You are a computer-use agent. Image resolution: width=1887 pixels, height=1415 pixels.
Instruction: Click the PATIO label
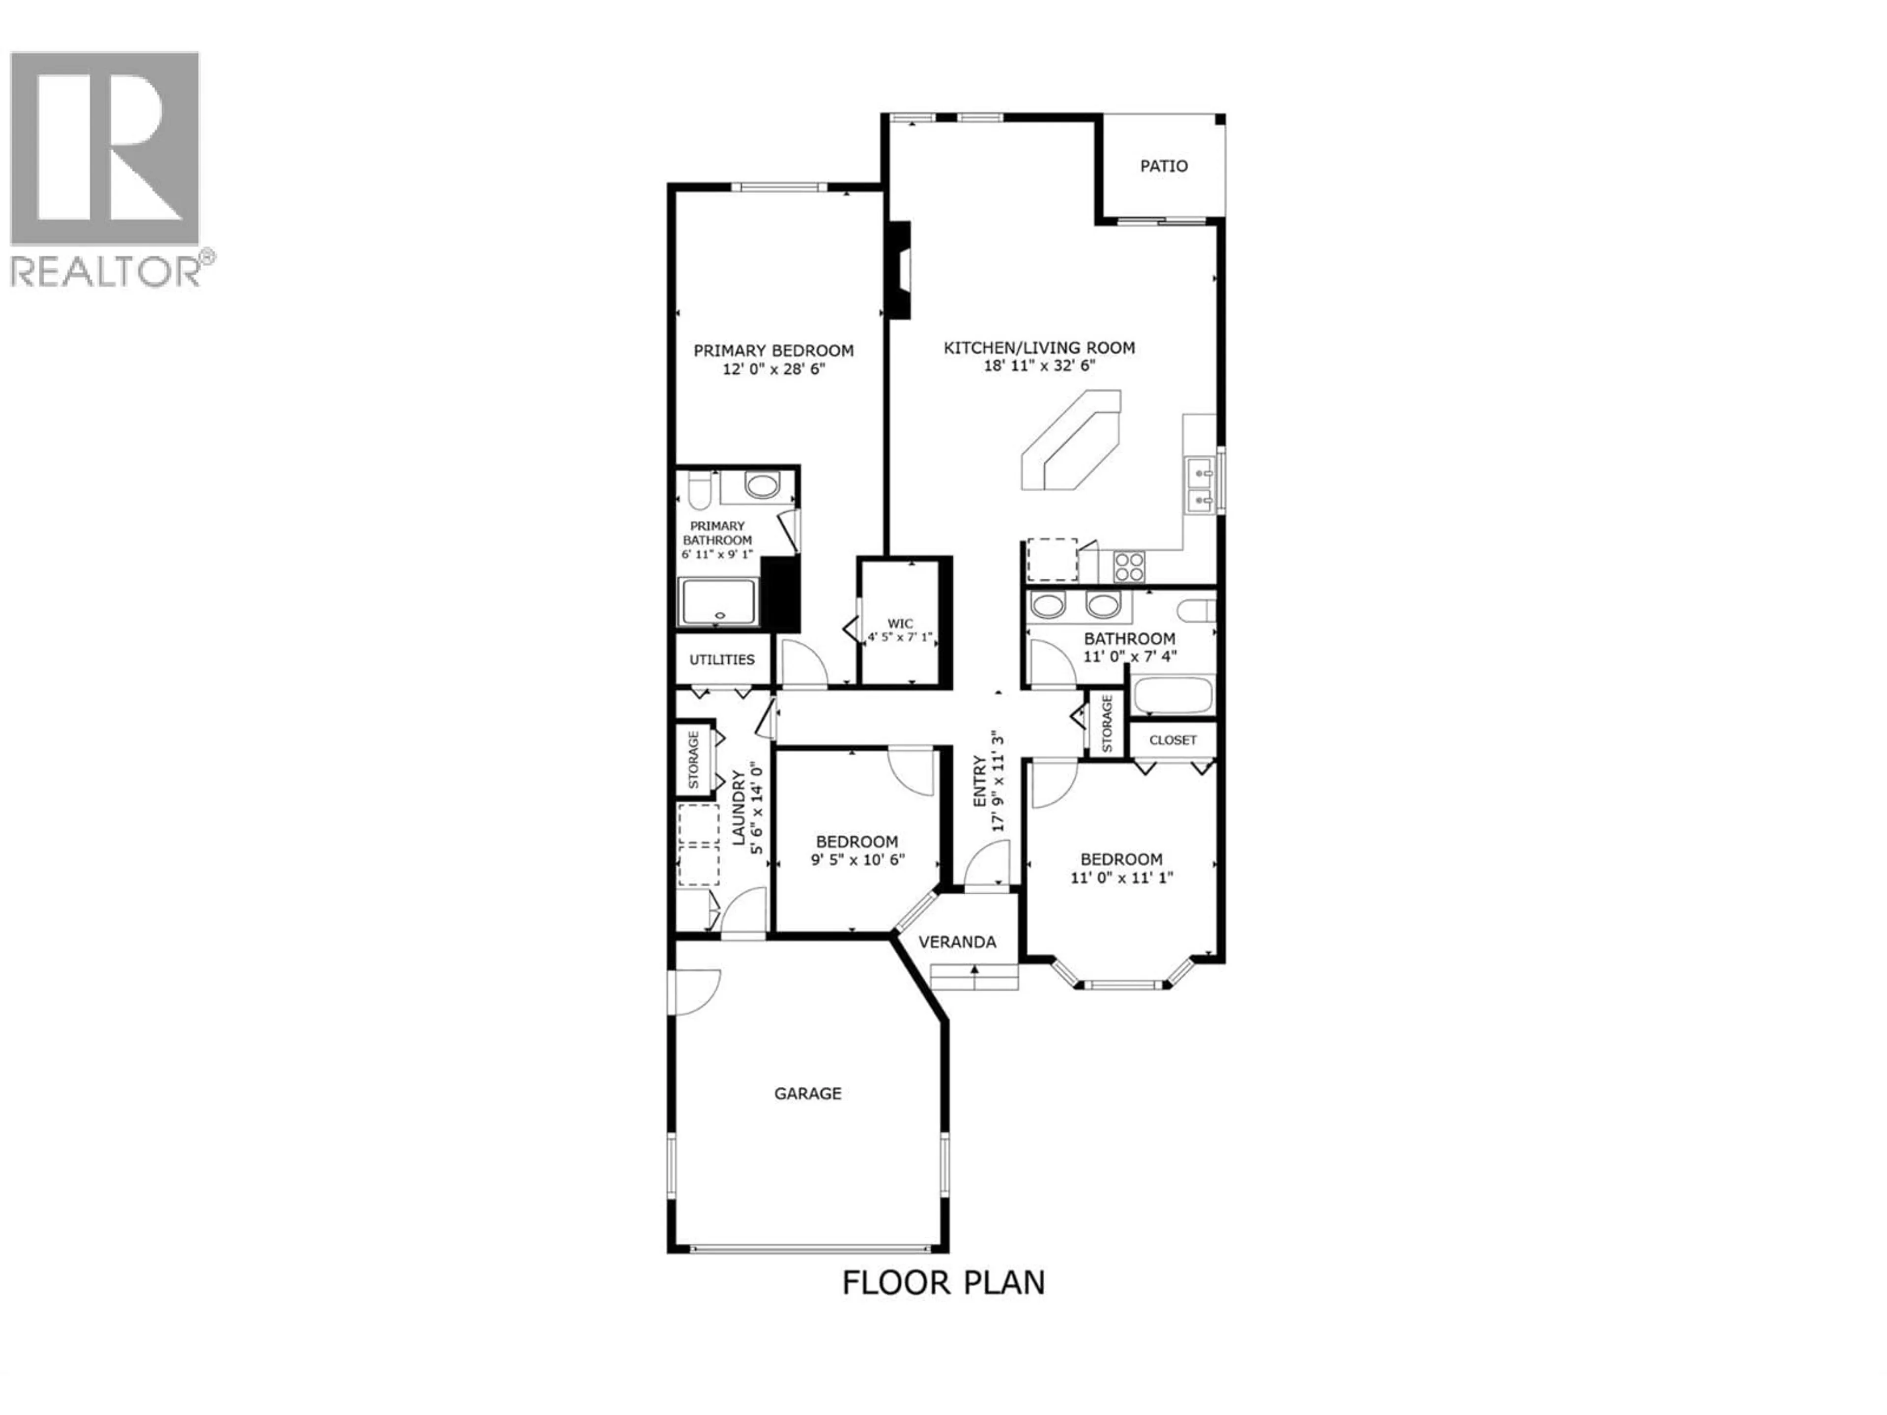pos(1164,167)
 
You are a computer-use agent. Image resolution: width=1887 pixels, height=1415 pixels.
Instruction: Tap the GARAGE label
pos(808,1094)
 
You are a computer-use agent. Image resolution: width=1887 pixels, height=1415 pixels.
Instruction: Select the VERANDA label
pos(957,942)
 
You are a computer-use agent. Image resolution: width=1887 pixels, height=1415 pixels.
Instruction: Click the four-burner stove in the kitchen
pos(1129,567)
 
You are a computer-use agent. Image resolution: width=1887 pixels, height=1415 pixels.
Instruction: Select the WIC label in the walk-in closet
pos(900,623)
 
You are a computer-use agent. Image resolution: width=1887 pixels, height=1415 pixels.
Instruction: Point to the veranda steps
pos(974,977)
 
